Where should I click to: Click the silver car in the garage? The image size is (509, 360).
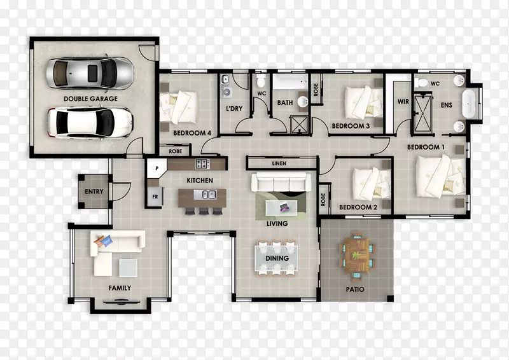tap(90, 73)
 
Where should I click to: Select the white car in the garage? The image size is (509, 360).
tap(90, 123)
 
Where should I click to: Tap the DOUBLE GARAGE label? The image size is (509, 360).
tap(90, 99)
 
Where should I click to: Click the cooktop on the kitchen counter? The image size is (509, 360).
tap(202, 163)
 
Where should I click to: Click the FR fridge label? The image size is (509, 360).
tap(155, 197)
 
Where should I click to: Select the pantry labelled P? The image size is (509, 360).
tap(157, 168)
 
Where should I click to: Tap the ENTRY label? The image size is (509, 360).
tap(94, 191)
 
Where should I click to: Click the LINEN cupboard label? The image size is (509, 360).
tap(279, 163)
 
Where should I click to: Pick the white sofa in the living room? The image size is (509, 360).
tap(281, 182)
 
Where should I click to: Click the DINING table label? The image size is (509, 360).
tap(277, 258)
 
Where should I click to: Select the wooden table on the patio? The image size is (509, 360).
tap(356, 256)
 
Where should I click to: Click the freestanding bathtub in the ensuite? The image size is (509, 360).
tap(468, 104)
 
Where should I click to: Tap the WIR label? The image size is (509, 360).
tap(403, 102)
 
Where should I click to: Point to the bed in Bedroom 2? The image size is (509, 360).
tap(372, 184)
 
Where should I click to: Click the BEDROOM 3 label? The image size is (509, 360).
tap(351, 126)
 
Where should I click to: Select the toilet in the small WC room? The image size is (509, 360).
tap(261, 81)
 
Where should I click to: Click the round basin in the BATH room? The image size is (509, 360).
tap(303, 101)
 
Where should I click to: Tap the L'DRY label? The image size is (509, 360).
tap(234, 108)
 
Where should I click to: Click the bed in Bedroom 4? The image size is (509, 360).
tap(179, 107)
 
